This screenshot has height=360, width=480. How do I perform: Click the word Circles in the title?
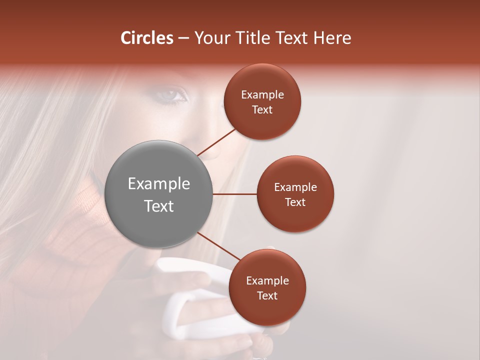point(147,38)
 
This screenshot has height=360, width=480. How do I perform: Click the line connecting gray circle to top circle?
point(216,141)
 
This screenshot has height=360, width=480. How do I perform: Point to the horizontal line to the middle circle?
point(234,194)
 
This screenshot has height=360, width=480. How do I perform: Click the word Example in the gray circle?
point(159,184)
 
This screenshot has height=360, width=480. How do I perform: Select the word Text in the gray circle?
point(159,206)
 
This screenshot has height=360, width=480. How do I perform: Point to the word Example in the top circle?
point(262,95)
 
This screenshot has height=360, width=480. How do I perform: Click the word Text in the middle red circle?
point(295,202)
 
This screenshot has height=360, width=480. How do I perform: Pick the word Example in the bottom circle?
point(267,281)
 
